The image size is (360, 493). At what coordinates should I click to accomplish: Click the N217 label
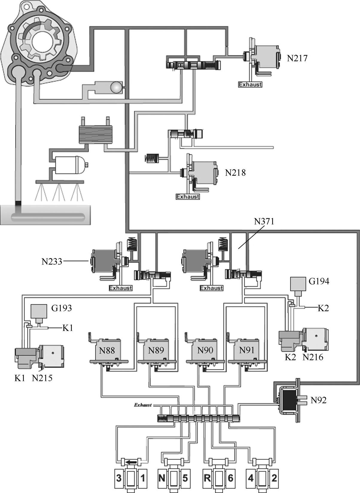pos(297,58)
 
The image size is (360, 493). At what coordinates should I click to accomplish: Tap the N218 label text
pos(235,173)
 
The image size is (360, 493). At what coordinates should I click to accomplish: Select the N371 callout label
pos(264,221)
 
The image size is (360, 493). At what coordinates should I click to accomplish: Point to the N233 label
pos(52,261)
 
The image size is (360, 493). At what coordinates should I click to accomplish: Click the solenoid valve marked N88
pos(107,350)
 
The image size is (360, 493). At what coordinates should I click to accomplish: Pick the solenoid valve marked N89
pos(156,350)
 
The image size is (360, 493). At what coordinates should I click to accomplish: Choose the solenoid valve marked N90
pos(205,350)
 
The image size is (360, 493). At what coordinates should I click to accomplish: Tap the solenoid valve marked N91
pos(246,350)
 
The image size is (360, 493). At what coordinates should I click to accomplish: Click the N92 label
pos(318,400)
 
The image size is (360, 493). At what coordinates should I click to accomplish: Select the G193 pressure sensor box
pos(39,311)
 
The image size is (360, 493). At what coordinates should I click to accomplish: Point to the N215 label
pos(42,378)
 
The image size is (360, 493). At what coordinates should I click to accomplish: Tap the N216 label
pos(313,357)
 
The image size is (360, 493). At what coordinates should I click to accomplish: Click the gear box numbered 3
pos(119,478)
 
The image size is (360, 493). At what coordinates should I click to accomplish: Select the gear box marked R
pos(207,478)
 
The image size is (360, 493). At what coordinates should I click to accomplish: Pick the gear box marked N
pos(162,478)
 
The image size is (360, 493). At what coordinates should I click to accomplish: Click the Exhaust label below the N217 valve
pos(250,85)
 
